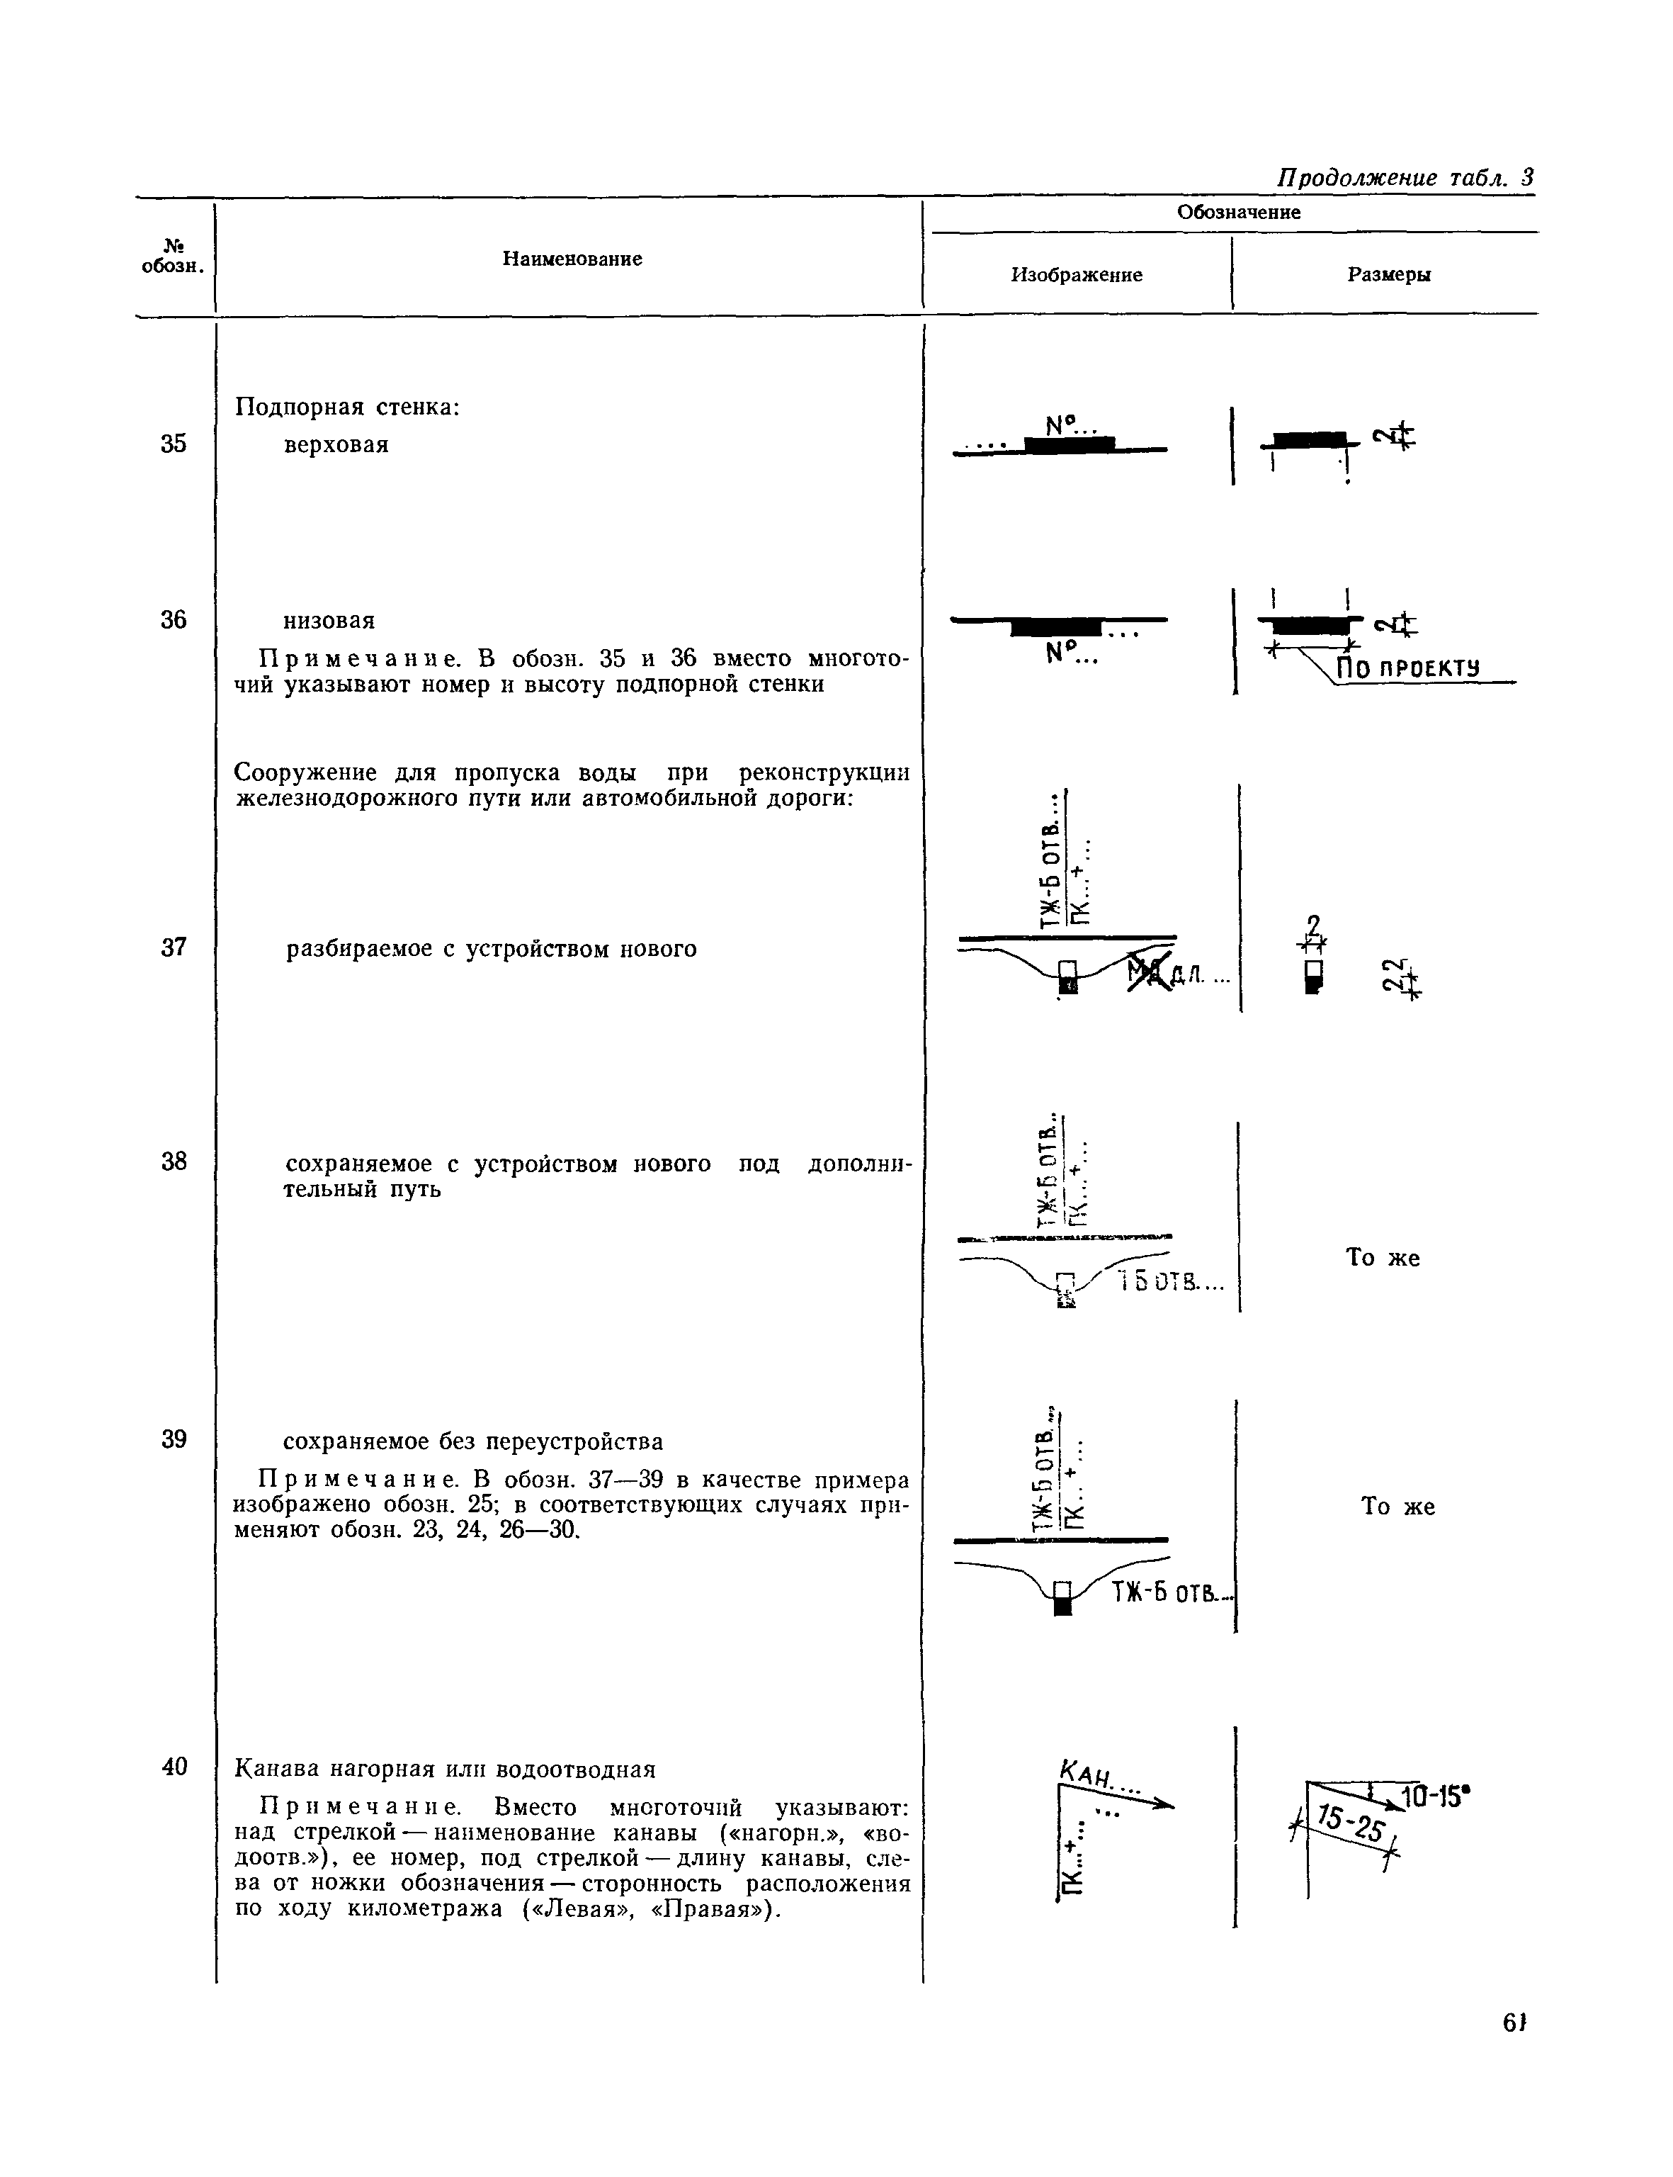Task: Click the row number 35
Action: (174, 444)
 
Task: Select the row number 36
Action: (174, 621)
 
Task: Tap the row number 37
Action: (174, 947)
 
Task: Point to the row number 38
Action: (174, 1161)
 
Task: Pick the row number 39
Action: (174, 1440)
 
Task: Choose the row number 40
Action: (174, 1767)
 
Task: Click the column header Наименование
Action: (572, 259)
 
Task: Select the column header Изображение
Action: (1077, 275)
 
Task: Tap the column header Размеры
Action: (1389, 275)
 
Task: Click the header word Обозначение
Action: (1238, 212)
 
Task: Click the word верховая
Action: (336, 444)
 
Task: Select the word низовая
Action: (329, 621)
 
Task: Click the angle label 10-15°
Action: (1435, 1796)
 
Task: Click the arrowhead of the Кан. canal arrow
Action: (1165, 1804)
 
